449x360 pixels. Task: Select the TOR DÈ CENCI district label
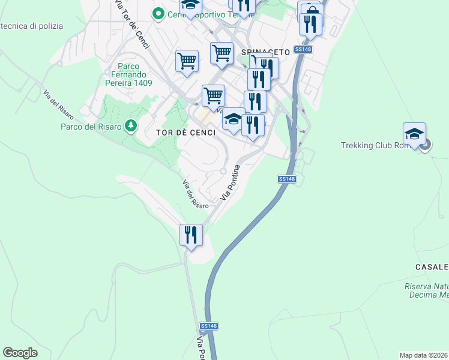click(185, 133)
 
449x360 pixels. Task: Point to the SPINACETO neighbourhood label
click(265, 52)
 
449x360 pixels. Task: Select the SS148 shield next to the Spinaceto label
click(303, 50)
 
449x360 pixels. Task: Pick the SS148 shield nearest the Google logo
click(209, 326)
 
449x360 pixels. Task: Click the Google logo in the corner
click(20, 353)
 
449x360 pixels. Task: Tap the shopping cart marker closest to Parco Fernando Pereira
click(187, 60)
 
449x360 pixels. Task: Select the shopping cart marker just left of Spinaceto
click(221, 52)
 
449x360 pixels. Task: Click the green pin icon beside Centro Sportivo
click(158, 13)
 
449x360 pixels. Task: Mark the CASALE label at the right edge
click(432, 266)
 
